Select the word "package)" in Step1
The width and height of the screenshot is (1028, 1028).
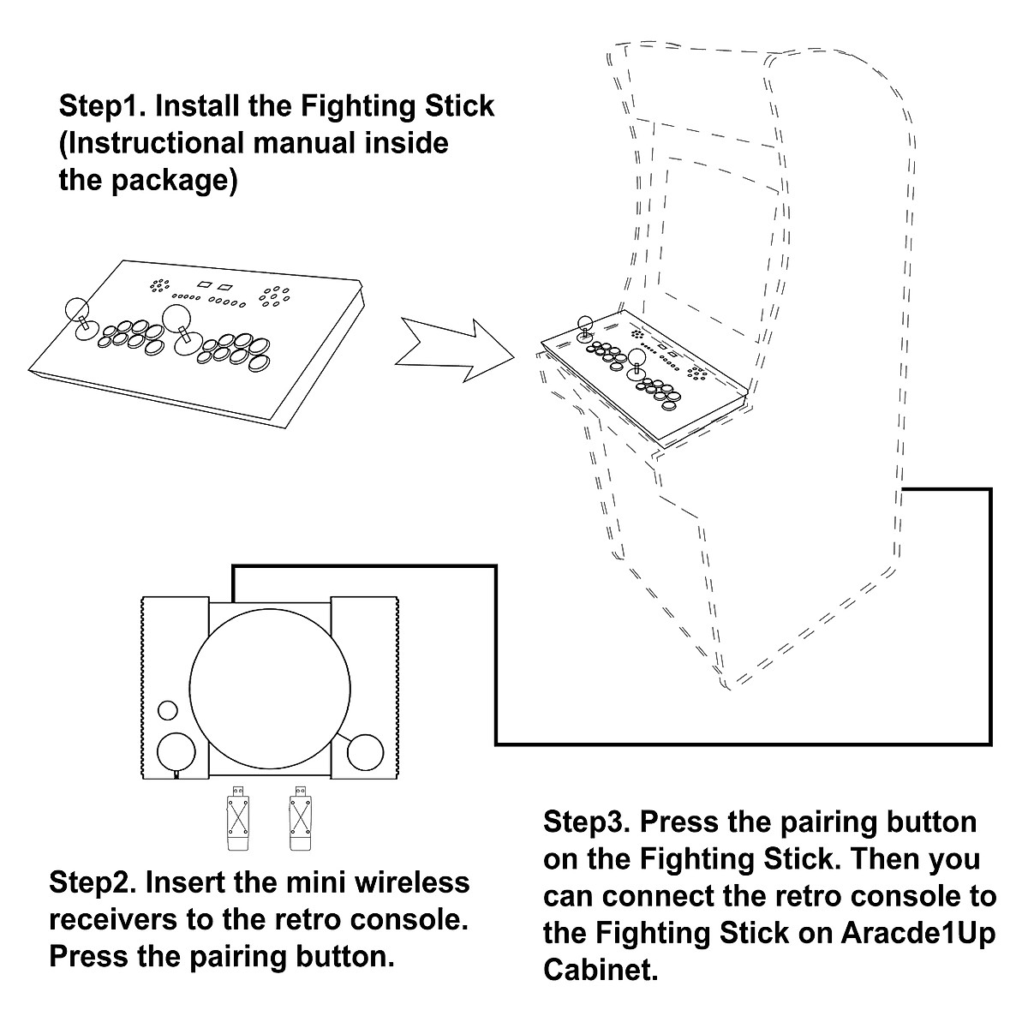[x=175, y=182]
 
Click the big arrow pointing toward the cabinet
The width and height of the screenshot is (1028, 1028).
[x=455, y=350]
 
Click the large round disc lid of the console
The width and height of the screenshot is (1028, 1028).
[x=270, y=689]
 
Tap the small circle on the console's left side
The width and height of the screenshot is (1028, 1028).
[x=168, y=710]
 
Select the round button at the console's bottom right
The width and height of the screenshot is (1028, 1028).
[x=366, y=753]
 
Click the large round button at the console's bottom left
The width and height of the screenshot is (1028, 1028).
[x=176, y=752]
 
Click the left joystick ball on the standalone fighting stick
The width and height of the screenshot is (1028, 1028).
[x=77, y=310]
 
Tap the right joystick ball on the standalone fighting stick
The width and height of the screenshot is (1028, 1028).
[x=176, y=318]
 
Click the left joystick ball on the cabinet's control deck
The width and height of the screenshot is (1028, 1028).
[x=585, y=323]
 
